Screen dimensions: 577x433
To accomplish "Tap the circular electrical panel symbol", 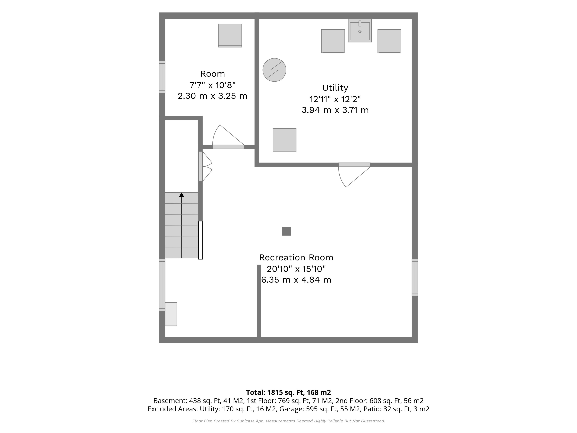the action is pos(274,70).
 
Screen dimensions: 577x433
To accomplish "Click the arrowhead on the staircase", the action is pos(182,195).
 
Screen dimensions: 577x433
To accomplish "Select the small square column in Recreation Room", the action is pos(286,231).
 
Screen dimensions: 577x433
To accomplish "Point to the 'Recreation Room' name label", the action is pos(296,258).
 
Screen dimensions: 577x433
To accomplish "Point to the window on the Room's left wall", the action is pos(162,77).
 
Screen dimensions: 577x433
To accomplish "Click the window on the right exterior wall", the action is pos(415,277).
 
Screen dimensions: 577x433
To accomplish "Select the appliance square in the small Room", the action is pos(230,35).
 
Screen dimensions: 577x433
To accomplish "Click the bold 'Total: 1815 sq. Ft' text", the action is pos(275,393).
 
